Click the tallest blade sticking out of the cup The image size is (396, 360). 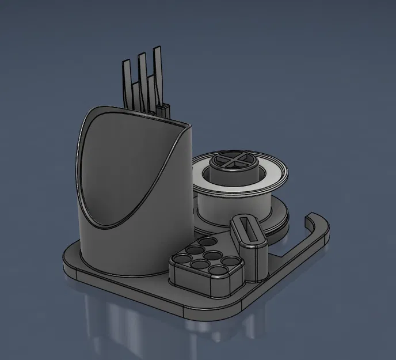[156, 69]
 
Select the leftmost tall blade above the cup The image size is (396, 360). [126, 81]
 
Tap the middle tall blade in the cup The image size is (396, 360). [142, 75]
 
